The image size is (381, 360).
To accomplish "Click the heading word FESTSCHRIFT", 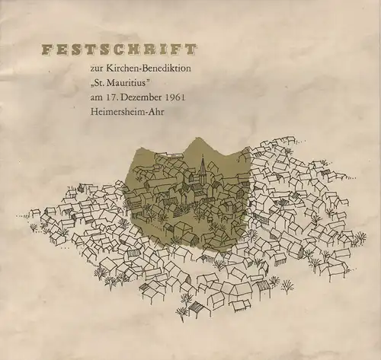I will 119,51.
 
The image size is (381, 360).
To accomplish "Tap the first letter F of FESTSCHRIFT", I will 46,51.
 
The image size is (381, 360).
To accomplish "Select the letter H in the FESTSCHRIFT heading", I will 136,51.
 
